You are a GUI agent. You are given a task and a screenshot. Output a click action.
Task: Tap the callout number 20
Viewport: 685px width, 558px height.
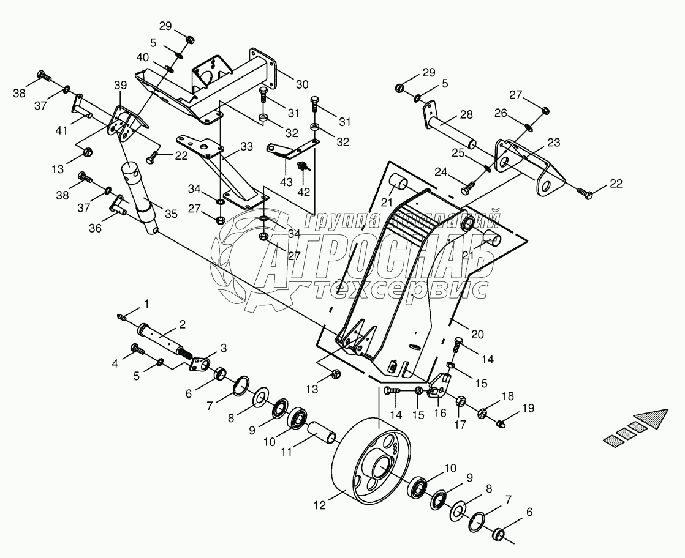(477, 333)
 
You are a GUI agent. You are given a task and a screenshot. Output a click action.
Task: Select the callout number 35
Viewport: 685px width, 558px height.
(170, 214)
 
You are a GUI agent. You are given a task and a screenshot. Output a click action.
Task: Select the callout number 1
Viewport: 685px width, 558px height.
(146, 303)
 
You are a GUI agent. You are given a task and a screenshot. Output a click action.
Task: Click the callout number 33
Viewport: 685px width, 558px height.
(246, 147)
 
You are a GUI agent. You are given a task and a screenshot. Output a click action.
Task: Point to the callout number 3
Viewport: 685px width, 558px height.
(222, 348)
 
